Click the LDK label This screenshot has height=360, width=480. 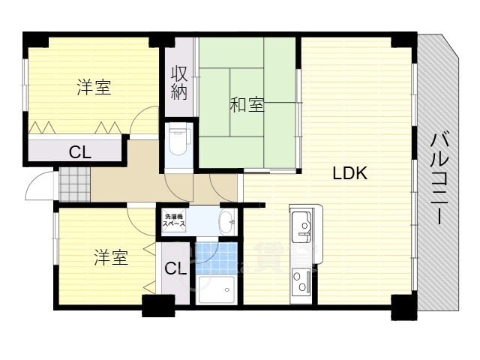(349, 174)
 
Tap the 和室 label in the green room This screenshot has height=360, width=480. (246, 106)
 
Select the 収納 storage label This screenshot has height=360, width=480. (178, 83)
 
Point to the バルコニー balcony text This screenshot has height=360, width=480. (441, 177)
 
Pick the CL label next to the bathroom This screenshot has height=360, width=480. (176, 268)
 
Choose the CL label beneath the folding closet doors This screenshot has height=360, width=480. (80, 152)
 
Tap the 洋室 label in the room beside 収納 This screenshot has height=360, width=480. (94, 88)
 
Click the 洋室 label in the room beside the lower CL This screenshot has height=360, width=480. (110, 259)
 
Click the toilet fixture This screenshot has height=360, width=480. (178, 139)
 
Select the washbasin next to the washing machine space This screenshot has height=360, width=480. (226, 220)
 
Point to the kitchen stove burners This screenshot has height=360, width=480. (302, 281)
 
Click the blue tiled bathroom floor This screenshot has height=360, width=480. (217, 256)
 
